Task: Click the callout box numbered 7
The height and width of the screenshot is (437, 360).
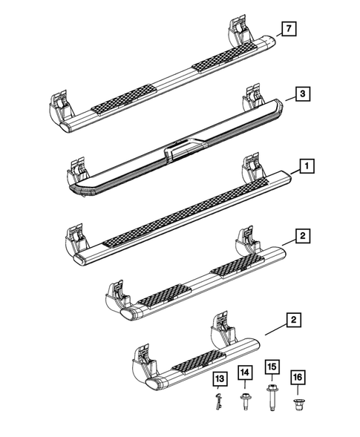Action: tap(287, 30)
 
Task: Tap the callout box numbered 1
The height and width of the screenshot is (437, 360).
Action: tap(304, 168)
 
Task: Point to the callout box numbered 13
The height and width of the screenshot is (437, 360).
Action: tap(218, 381)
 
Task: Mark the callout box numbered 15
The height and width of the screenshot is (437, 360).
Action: tap(272, 367)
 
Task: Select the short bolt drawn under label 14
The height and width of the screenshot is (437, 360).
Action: tap(244, 400)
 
